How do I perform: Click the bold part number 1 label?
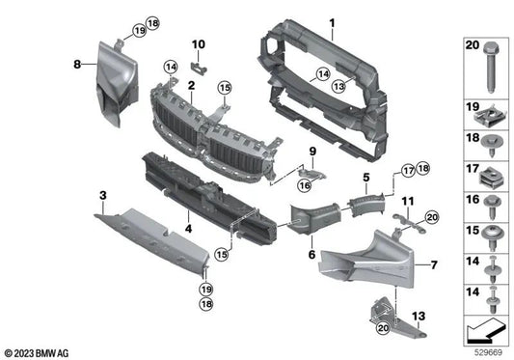pos(333,23)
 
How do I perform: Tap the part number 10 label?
pos(199,44)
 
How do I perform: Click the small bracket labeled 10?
pos(199,68)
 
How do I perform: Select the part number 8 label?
pos(77,64)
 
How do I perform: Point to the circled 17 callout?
pos(409,171)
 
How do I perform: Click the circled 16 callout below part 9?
pos(305,185)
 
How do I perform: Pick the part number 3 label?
pos(103,196)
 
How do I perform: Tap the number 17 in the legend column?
pos(473,169)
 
